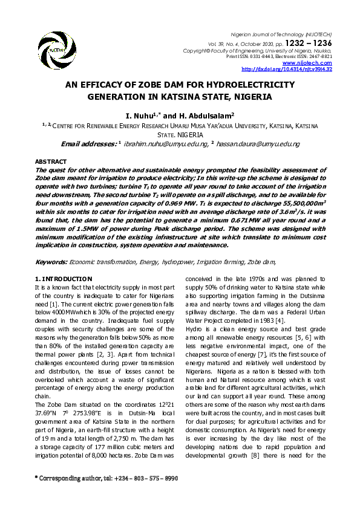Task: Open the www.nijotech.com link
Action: click(311, 63)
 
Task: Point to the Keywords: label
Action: click(51, 262)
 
